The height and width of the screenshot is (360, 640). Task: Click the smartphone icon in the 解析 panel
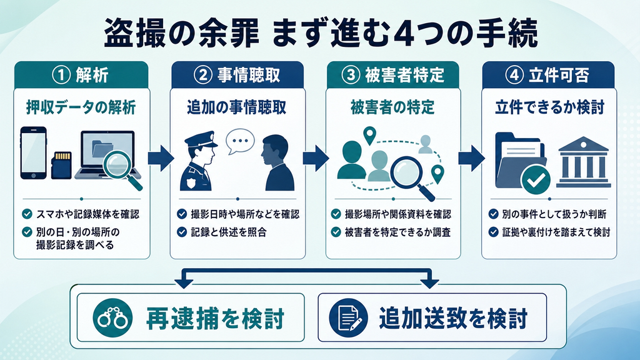(34, 153)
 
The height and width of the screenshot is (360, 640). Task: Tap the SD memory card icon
(61, 165)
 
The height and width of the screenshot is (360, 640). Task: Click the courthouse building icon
(584, 162)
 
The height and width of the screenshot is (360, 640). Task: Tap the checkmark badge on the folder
(536, 179)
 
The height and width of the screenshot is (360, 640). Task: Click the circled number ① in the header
(62, 75)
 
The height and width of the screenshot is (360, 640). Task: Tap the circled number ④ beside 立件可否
(514, 75)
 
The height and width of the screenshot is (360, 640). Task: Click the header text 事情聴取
(249, 75)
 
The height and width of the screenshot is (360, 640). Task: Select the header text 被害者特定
(404, 75)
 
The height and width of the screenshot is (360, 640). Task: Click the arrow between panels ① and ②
(161, 157)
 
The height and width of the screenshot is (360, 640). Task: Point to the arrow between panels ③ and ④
(471, 157)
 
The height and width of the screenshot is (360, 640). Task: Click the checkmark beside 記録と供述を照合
(182, 232)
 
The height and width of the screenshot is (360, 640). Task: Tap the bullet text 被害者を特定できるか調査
(397, 232)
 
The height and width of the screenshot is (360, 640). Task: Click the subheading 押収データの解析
(81, 107)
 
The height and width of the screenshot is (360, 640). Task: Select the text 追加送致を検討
(453, 318)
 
